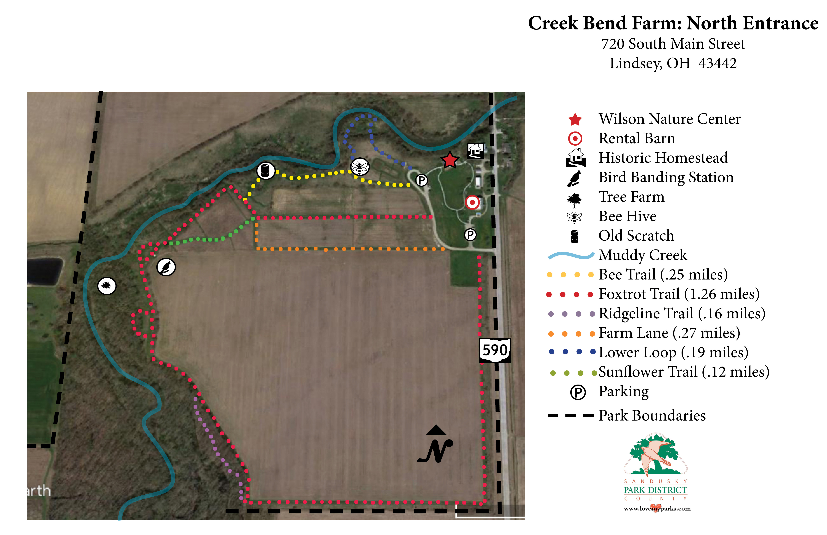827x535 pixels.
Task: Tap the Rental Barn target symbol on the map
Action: coord(472,202)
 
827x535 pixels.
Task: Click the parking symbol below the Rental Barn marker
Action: coord(470,235)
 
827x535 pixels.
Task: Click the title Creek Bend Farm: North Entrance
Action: coord(673,23)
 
